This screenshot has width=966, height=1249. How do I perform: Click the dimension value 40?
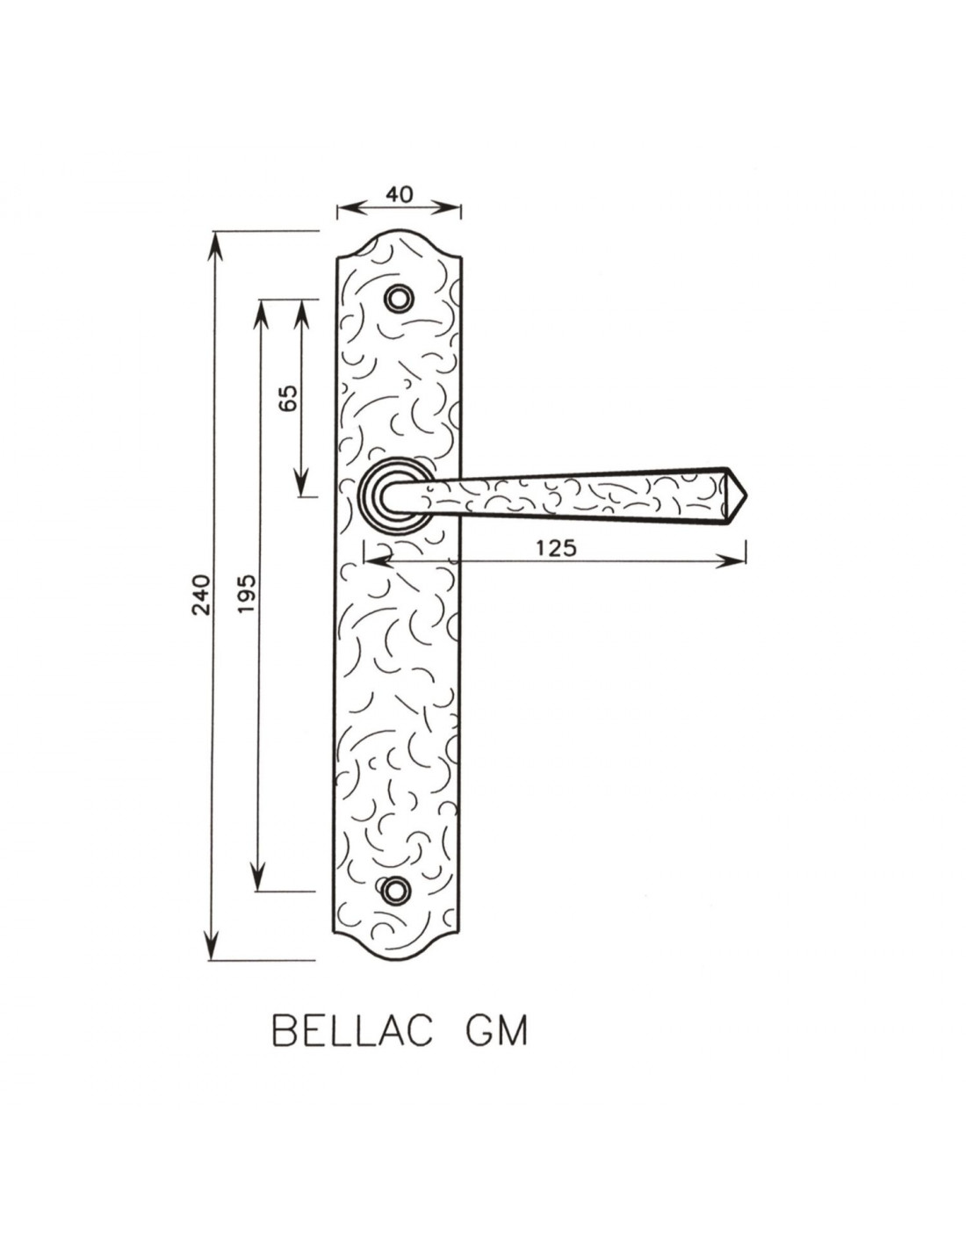399,194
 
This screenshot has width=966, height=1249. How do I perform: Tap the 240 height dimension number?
202,595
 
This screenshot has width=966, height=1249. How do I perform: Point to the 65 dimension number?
288,398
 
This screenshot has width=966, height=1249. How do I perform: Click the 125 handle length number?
556,548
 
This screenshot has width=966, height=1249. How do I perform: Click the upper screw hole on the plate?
398,299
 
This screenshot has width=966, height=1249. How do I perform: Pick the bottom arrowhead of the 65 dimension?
301,481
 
